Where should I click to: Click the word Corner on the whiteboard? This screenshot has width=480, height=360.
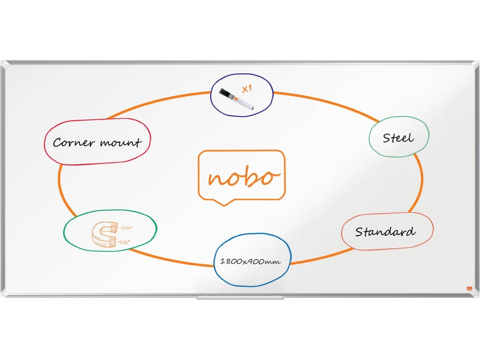73,142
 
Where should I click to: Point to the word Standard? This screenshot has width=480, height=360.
385,232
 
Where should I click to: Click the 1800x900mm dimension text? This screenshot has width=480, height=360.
250,261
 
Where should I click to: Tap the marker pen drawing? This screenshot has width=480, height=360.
236,99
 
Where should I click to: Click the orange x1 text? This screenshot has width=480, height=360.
247,89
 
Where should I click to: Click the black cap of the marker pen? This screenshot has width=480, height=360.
226,93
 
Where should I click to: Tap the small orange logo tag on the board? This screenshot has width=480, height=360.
469,289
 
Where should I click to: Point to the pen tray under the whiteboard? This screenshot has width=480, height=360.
240,297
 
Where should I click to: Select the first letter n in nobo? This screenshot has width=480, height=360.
217,179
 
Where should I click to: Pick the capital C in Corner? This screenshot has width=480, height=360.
58,143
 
